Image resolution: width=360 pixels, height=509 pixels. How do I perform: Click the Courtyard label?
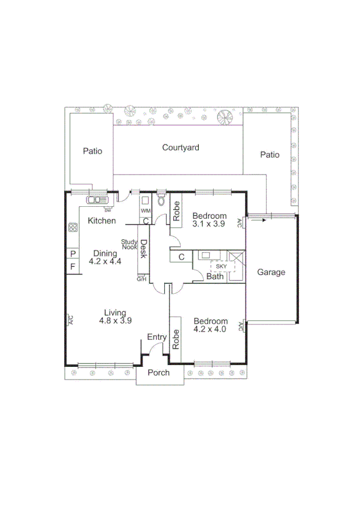[x=180, y=147]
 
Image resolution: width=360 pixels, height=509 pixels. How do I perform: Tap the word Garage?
[x=271, y=272]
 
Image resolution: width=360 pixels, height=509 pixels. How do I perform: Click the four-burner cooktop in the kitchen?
[x=73, y=228]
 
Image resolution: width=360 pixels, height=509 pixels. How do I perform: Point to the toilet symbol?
[x=161, y=201]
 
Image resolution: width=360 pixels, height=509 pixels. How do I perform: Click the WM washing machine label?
[x=145, y=211]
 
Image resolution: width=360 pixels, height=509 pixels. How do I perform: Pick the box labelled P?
[x=73, y=254]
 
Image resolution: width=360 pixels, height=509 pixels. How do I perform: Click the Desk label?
[x=144, y=249]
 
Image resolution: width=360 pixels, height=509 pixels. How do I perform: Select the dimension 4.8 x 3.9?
[x=115, y=321]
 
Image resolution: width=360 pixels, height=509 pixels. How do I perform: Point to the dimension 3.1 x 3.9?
[x=209, y=224]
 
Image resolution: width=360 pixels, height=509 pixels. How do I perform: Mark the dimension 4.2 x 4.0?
[x=210, y=329]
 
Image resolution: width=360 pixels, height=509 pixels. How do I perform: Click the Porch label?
[x=159, y=373]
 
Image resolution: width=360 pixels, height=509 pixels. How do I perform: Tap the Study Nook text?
[x=130, y=244]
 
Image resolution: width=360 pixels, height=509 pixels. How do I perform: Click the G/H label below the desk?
[x=142, y=279]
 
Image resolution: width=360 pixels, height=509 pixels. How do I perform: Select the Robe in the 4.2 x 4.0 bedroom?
[x=177, y=340]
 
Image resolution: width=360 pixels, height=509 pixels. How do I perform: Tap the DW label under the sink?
[x=108, y=210]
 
